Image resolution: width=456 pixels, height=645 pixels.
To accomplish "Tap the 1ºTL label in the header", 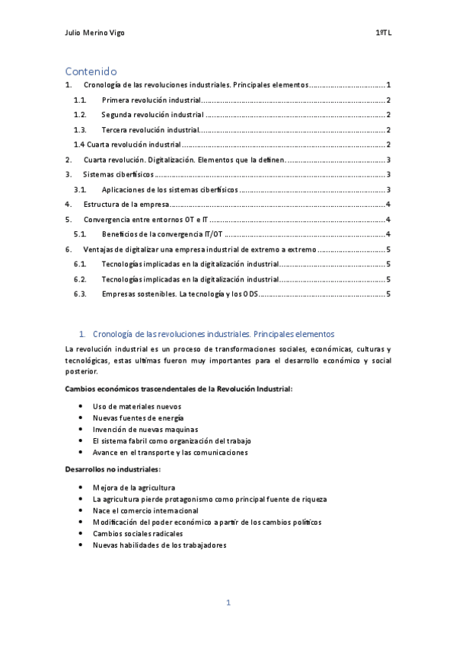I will click(x=383, y=33).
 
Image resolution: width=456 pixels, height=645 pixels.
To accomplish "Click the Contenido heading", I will click(x=91, y=71).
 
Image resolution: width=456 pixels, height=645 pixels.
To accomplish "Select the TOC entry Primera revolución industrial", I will click(x=151, y=100).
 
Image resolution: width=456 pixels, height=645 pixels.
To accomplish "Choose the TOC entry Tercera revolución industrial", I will click(x=149, y=130).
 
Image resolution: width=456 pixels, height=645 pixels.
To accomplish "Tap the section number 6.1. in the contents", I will click(x=80, y=264).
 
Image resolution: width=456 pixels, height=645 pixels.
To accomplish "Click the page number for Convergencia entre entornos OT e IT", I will click(x=388, y=219).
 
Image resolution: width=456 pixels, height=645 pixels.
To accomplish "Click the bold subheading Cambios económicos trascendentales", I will click(x=179, y=389).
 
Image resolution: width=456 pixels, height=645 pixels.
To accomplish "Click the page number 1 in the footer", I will click(x=228, y=602).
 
